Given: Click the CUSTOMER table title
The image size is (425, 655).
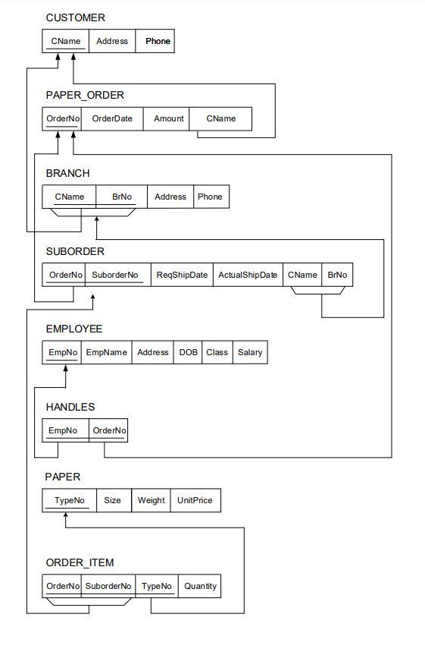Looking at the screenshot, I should pos(76,17).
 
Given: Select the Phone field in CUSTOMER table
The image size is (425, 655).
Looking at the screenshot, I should pos(158,41).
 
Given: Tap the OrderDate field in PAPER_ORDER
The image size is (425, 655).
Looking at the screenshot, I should pos(112,118).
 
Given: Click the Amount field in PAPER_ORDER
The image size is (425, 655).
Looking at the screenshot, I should pos(168,118).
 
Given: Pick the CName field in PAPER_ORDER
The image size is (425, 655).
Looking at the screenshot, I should pos(220,118).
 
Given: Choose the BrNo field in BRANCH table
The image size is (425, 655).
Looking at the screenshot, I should pos(121,197).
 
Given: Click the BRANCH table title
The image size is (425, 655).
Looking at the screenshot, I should pos(67,174).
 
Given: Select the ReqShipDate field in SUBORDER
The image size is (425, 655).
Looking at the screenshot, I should pos(182,275).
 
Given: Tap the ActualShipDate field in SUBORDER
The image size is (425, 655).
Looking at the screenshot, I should pos(248,275).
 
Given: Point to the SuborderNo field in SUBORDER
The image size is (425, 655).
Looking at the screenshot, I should pos(117,275).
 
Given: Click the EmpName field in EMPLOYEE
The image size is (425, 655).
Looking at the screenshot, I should pos(107,352).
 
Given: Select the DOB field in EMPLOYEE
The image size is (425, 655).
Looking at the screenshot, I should pos(188,352).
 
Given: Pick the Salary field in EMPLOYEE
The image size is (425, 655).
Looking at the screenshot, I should pos(250,352).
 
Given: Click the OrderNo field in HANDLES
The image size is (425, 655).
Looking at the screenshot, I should pos(109,430).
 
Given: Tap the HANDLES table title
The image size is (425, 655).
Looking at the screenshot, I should pos(70,408).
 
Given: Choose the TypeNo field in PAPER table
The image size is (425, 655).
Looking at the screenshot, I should pos(70,500).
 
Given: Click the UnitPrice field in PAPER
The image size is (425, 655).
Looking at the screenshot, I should pos(195,500).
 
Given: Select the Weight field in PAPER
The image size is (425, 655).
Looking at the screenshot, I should pos(151,500).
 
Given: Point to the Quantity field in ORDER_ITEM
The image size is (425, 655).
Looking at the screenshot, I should pos(200,586).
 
